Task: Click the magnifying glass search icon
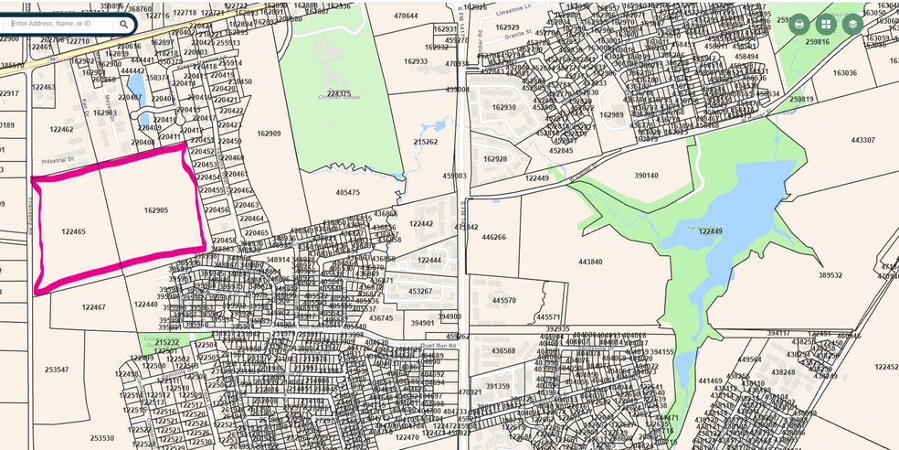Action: coord(124,24)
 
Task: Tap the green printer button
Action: coord(799,24)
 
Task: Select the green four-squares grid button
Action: coord(826,24)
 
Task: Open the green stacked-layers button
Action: coord(852,24)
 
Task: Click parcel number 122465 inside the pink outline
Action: coord(73,231)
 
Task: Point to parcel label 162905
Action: coord(156,210)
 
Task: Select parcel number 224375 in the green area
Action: coord(338,93)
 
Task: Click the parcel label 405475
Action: coord(348,193)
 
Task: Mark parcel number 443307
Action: coord(862,140)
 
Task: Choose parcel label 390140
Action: coord(647,176)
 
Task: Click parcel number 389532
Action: coord(830,274)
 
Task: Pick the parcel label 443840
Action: coord(590,262)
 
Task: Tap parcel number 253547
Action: coord(57,370)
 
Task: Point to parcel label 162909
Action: coord(269,134)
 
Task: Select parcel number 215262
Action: coord(426,142)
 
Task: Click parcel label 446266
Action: coord(493,237)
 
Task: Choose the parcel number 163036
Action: coord(844,73)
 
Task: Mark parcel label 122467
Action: coord(93,307)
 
